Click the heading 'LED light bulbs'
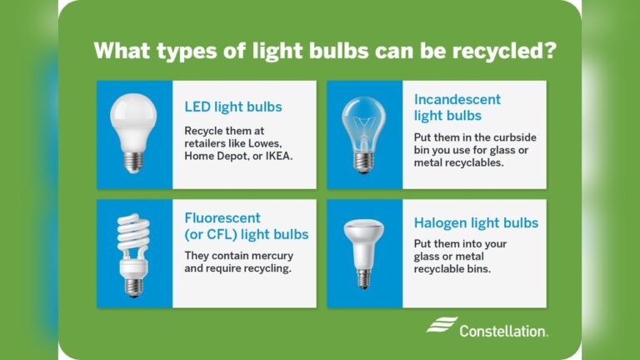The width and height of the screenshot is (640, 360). click(x=233, y=107)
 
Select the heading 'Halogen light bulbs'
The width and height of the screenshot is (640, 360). click(x=476, y=223)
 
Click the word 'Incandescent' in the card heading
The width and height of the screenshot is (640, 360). click(x=457, y=100)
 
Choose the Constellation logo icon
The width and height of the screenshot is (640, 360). click(x=442, y=325)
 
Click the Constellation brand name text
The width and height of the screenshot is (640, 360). click(x=503, y=331)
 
